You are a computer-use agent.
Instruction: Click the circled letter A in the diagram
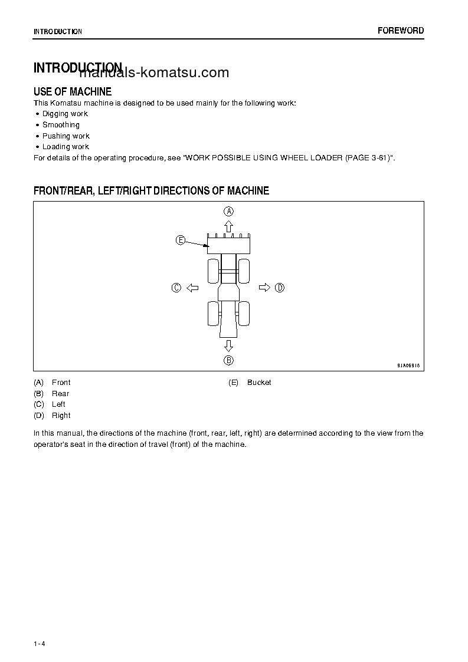click(x=228, y=211)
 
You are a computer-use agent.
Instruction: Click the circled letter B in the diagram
click(x=228, y=360)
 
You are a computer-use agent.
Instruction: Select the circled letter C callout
click(x=176, y=288)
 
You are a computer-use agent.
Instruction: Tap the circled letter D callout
click(x=280, y=288)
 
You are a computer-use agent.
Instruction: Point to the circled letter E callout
click(x=181, y=240)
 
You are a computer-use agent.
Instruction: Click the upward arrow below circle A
click(x=228, y=226)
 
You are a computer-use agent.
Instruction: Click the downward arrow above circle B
click(x=228, y=345)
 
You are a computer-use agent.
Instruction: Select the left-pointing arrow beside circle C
click(x=192, y=288)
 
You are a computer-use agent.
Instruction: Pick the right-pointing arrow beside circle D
click(x=264, y=288)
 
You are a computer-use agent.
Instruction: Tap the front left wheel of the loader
click(x=213, y=271)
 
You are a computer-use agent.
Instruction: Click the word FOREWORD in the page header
click(x=401, y=31)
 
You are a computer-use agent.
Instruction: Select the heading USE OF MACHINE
click(x=73, y=91)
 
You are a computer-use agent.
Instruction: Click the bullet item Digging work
click(x=65, y=114)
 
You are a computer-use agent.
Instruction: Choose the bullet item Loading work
click(x=66, y=147)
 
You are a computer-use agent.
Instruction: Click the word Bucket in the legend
click(x=259, y=383)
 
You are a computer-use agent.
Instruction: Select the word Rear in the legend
click(x=61, y=394)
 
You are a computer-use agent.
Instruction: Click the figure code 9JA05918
click(x=408, y=365)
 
